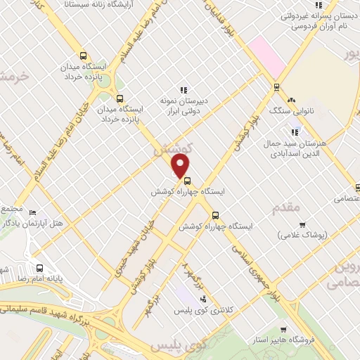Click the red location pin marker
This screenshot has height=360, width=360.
(181, 167)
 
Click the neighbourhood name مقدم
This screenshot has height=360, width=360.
(285, 207)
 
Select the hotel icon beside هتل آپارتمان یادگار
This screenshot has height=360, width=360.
(33, 212)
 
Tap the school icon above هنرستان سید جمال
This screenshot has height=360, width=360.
(296, 131)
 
